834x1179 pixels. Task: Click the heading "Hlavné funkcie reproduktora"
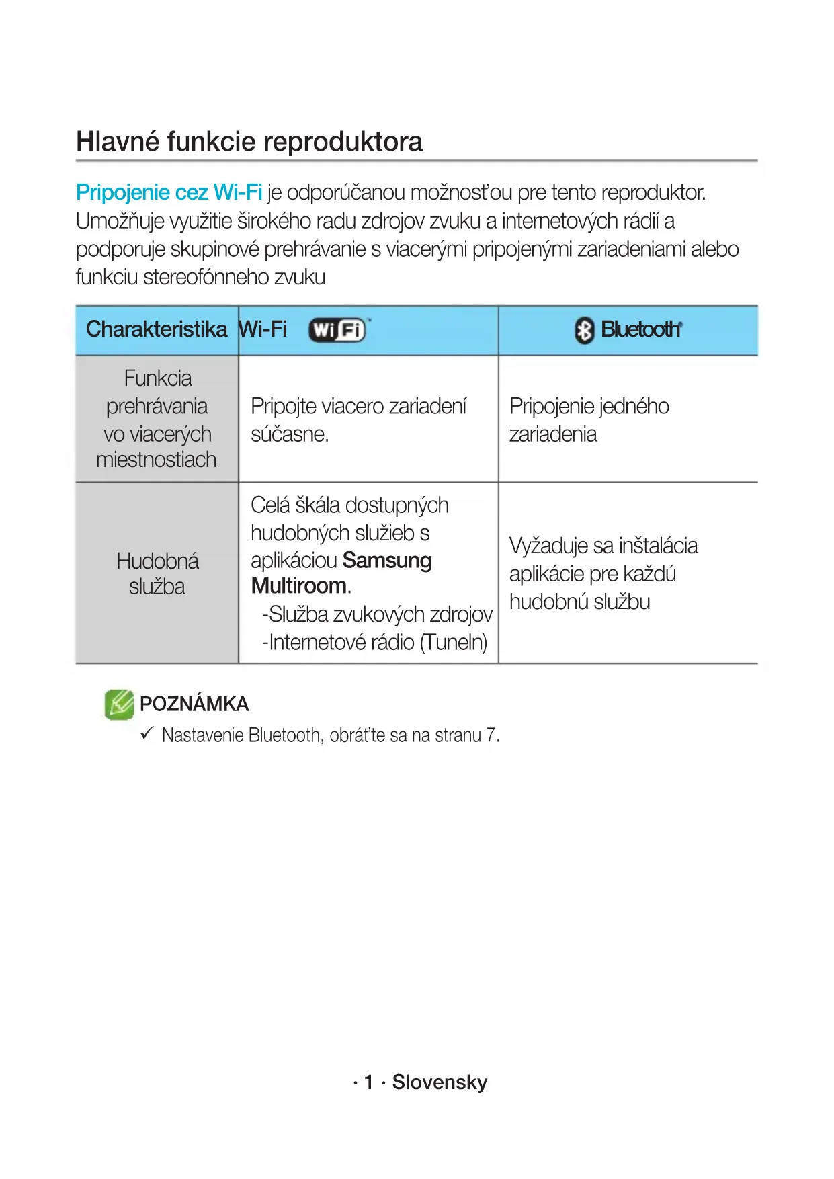[x=249, y=142]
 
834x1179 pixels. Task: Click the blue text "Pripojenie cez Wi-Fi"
[x=169, y=193]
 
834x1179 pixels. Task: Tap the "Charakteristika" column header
[x=157, y=329]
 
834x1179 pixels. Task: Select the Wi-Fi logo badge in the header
[x=337, y=330]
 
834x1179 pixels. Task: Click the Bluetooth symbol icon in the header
[x=584, y=330]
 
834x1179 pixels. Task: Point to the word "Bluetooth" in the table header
[x=640, y=329]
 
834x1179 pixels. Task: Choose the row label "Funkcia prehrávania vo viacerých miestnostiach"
[x=157, y=419]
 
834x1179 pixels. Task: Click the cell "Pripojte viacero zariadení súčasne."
[x=358, y=420]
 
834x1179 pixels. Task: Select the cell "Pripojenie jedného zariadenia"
[x=589, y=420]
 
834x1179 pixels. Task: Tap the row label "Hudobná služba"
[x=157, y=573]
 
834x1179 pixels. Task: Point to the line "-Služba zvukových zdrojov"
[x=377, y=614]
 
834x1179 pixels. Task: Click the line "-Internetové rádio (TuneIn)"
[x=374, y=643]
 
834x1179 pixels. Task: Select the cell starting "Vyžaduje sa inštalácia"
[x=603, y=573]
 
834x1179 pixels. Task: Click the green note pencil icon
[x=120, y=704]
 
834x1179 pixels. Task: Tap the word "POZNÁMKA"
[x=194, y=704]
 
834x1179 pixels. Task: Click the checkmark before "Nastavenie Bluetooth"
[x=147, y=733]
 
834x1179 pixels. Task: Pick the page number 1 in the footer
[x=368, y=1082]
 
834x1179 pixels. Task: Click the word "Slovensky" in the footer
[x=440, y=1082]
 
